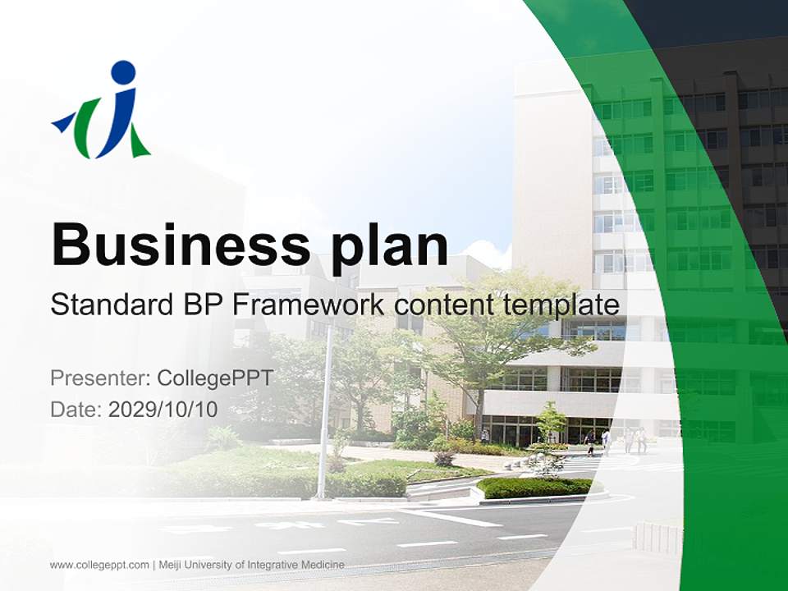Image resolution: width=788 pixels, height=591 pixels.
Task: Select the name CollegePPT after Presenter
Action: (x=214, y=378)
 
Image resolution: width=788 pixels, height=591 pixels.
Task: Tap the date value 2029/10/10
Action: (x=163, y=410)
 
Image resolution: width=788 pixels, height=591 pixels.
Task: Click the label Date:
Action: (x=76, y=410)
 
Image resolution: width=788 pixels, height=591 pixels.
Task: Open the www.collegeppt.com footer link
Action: (x=99, y=565)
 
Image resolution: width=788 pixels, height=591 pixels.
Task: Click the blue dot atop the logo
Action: (x=123, y=72)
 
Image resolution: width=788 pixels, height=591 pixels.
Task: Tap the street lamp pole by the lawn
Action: (x=325, y=410)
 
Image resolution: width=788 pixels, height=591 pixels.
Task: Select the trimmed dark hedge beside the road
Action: (x=534, y=488)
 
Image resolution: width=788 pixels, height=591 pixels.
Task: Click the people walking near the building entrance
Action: (x=632, y=441)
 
